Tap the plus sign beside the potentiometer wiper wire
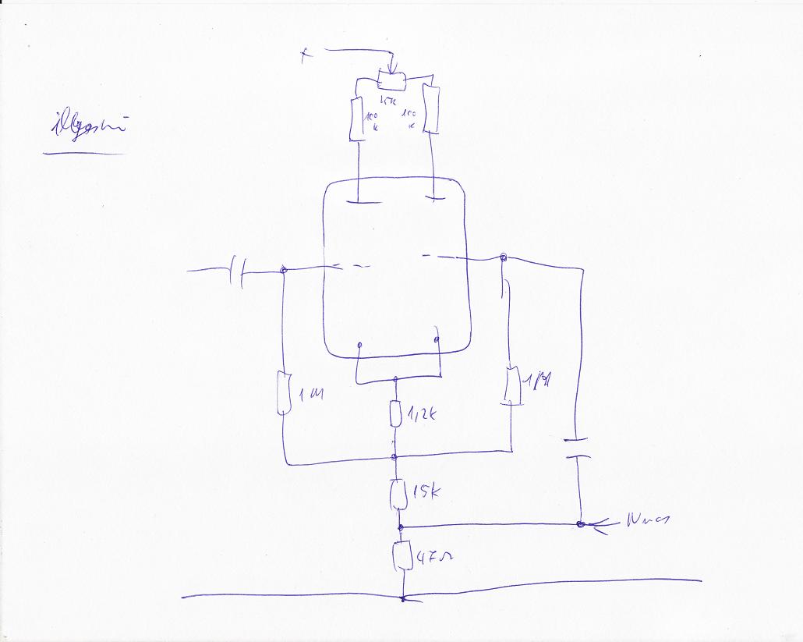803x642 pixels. (305, 55)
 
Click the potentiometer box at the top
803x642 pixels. (391, 80)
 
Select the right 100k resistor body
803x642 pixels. (431, 110)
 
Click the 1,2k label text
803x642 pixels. (421, 415)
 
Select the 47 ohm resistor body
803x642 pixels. (402, 555)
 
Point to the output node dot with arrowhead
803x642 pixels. (581, 524)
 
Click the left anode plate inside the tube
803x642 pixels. (357, 201)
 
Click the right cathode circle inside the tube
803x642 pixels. (437, 340)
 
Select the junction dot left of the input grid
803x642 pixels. (284, 270)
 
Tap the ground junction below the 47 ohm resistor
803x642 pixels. (402, 599)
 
